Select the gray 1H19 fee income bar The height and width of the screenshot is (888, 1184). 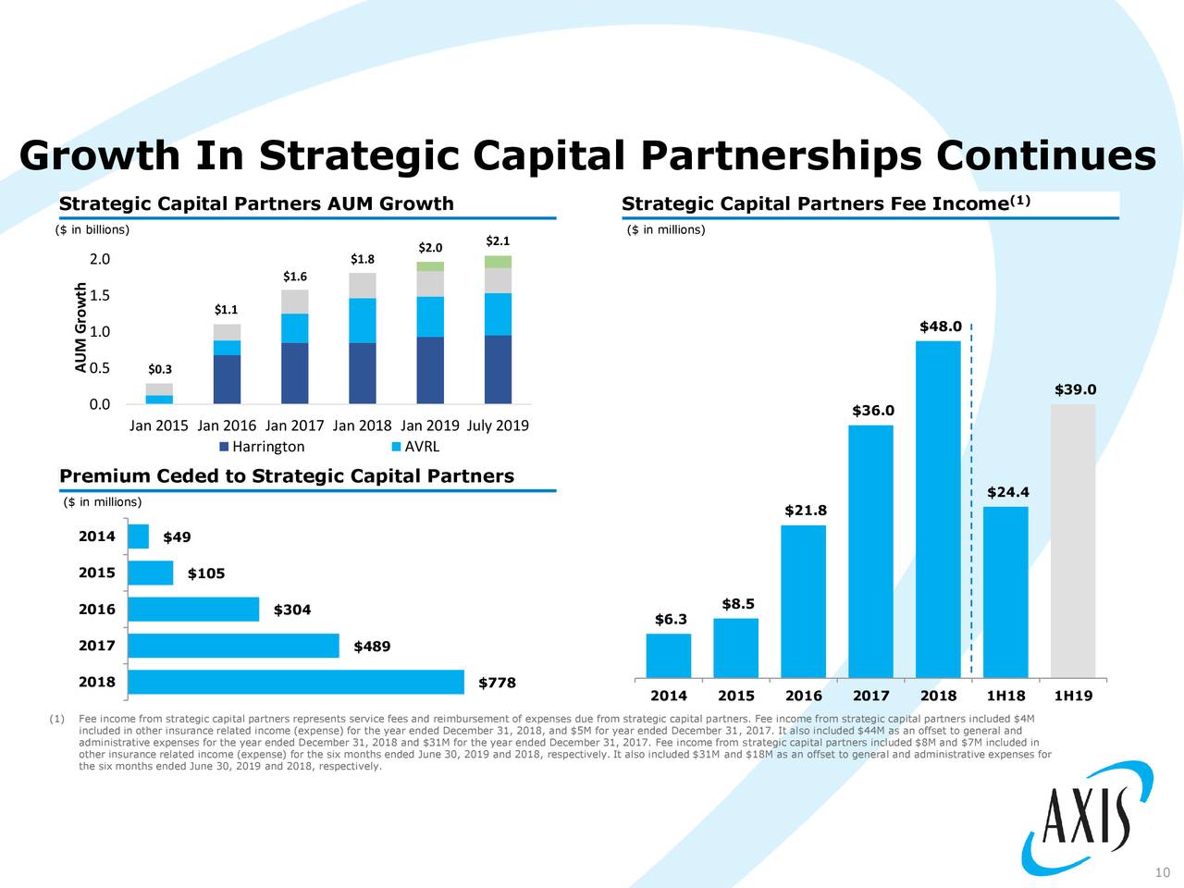pyautogui.click(x=1073, y=540)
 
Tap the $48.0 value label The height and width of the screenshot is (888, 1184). pyautogui.click(x=941, y=327)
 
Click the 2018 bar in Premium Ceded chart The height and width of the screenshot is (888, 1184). pyautogui.click(x=296, y=682)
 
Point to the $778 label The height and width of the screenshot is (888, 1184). pyautogui.click(x=497, y=684)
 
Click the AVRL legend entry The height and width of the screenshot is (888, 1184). pyautogui.click(x=415, y=448)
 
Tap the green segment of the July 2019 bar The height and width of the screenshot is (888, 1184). pyautogui.click(x=498, y=262)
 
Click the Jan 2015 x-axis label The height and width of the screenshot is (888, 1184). pyautogui.click(x=159, y=426)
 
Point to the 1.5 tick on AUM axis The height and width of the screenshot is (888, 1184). pyautogui.click(x=99, y=296)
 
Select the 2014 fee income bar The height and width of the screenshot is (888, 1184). pyautogui.click(x=668, y=655)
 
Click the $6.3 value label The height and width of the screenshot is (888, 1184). pyautogui.click(x=671, y=620)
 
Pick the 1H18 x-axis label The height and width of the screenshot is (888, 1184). pyautogui.click(x=1005, y=697)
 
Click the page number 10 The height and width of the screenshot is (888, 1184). pyautogui.click(x=1163, y=873)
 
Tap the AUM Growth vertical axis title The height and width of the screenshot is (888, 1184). pyautogui.click(x=82, y=328)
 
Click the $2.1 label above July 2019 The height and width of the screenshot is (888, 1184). pyautogui.click(x=498, y=242)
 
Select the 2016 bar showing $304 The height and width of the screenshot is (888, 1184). pyautogui.click(x=193, y=610)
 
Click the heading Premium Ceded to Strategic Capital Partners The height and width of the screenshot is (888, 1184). pyautogui.click(x=287, y=476)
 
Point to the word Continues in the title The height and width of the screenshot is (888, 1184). pyautogui.click(x=1045, y=155)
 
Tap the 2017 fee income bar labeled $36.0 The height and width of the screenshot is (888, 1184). pyautogui.click(x=870, y=551)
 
